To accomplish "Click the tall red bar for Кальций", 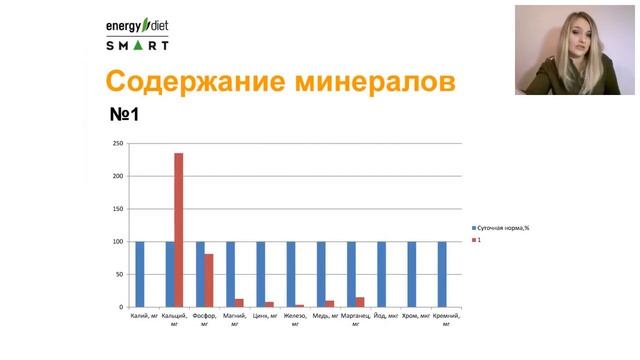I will click(179, 230).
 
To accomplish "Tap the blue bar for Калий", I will click(140, 274).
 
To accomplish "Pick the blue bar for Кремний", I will click(442, 274).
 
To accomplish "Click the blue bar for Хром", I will click(412, 274).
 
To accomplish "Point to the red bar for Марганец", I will click(360, 302).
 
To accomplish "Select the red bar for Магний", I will click(239, 303).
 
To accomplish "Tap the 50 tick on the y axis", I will click(118, 274).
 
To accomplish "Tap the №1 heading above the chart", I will click(124, 115).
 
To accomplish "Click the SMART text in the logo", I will click(138, 44).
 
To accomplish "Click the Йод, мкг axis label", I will click(385, 316).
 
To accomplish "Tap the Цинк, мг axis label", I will click(264, 316).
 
